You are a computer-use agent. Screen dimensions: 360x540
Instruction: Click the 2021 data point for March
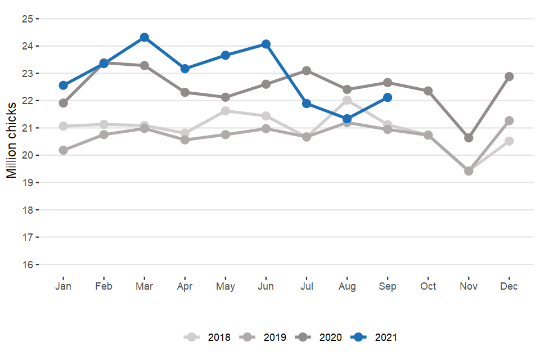(145, 37)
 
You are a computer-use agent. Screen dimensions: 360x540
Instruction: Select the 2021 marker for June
(266, 44)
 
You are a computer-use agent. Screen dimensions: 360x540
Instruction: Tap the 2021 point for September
(388, 97)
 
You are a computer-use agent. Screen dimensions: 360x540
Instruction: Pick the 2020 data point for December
(509, 76)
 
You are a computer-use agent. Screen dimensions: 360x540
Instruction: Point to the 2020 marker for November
(469, 138)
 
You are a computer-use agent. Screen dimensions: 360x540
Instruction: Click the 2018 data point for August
(347, 100)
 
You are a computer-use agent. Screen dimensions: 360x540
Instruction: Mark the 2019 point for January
(64, 150)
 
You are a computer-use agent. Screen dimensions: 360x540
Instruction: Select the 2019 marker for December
(509, 120)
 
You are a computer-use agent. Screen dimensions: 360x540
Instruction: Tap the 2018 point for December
(509, 141)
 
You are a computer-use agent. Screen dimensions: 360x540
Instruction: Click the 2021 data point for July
(307, 103)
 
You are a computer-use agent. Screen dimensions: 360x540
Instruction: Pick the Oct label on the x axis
(428, 286)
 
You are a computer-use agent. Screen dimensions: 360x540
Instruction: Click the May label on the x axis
(226, 286)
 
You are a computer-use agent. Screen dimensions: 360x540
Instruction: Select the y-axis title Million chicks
(12, 141)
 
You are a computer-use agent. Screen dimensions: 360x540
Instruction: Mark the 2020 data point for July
(307, 70)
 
